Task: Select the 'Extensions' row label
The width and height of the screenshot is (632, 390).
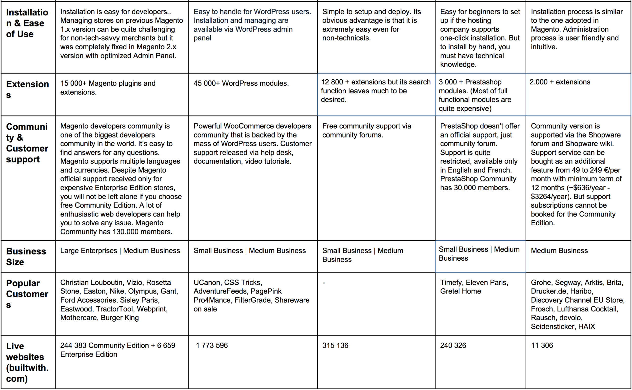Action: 27,89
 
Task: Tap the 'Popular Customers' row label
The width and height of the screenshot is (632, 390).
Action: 27,294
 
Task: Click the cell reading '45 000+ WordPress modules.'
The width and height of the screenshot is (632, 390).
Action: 241,83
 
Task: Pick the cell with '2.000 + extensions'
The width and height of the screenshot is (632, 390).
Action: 560,82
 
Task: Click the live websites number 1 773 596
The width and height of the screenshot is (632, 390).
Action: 212,345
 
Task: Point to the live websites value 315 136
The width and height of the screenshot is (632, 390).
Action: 335,345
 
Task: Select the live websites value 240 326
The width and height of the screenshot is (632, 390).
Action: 453,345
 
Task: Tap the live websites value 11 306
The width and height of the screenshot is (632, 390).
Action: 542,345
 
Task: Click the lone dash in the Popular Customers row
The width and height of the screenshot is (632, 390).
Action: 324,283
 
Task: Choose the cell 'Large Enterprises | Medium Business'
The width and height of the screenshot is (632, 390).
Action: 120,251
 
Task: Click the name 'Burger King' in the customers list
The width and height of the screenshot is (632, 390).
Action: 120,318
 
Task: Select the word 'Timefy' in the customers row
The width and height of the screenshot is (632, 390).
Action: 451,282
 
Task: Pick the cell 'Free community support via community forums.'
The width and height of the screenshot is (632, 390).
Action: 367,130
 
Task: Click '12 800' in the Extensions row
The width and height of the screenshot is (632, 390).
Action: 332,82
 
